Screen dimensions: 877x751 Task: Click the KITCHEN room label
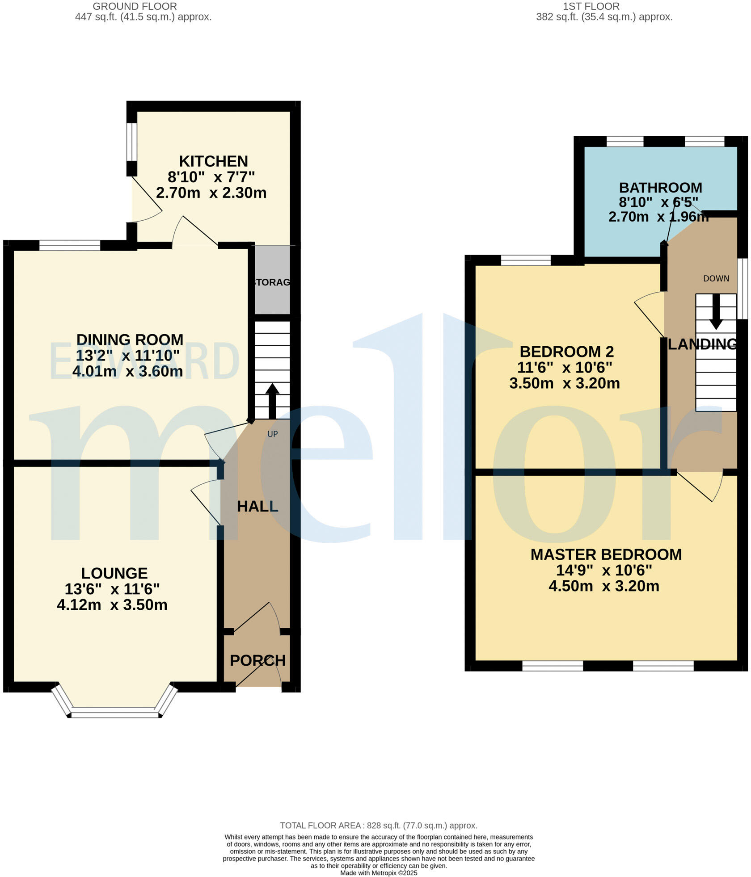(213, 161)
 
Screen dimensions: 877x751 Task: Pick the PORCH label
(257, 660)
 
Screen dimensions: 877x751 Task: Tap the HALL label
(257, 506)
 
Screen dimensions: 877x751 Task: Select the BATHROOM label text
(660, 188)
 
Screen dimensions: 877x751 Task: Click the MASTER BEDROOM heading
(606, 554)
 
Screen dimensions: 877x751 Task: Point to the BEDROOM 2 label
(566, 352)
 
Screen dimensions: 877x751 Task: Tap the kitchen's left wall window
(131, 141)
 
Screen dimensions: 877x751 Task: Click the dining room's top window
(70, 245)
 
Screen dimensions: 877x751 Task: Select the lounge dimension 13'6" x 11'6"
(112, 589)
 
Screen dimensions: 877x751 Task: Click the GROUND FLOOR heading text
(135, 6)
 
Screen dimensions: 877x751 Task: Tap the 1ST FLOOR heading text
(591, 6)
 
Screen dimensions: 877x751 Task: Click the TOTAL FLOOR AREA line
(378, 826)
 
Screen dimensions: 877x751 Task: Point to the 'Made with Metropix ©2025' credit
(378, 873)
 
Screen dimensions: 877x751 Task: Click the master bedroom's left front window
(553, 666)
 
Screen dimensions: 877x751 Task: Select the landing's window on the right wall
(742, 288)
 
